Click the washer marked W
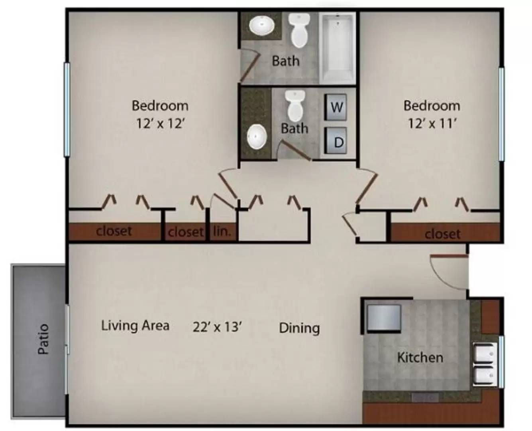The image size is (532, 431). [x=336, y=107]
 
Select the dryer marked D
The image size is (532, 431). [x=336, y=140]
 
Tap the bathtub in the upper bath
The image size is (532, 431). [x=337, y=48]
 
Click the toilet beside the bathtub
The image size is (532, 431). [x=299, y=30]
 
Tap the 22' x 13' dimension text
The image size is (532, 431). [x=217, y=327]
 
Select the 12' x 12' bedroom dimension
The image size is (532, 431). [x=160, y=123]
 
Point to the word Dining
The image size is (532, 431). [x=299, y=328]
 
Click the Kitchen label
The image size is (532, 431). [x=420, y=357]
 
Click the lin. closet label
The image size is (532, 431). [x=222, y=232]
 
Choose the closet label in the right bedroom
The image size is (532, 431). [x=443, y=234]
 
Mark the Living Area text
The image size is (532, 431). [x=135, y=326]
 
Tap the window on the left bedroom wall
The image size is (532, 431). [x=67, y=110]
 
